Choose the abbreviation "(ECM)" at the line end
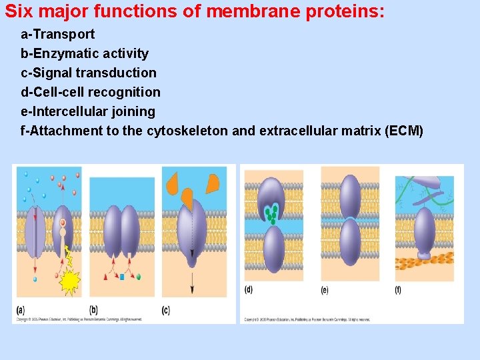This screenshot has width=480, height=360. [x=404, y=131]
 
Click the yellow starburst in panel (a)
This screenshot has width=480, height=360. [x=70, y=282]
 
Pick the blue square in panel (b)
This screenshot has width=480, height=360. [x=122, y=276]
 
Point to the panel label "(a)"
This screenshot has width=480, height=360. [x=20, y=309]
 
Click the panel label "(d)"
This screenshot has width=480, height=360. [x=249, y=289]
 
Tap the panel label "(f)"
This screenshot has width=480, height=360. [x=398, y=289]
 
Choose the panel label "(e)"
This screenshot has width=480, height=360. [x=325, y=289]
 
